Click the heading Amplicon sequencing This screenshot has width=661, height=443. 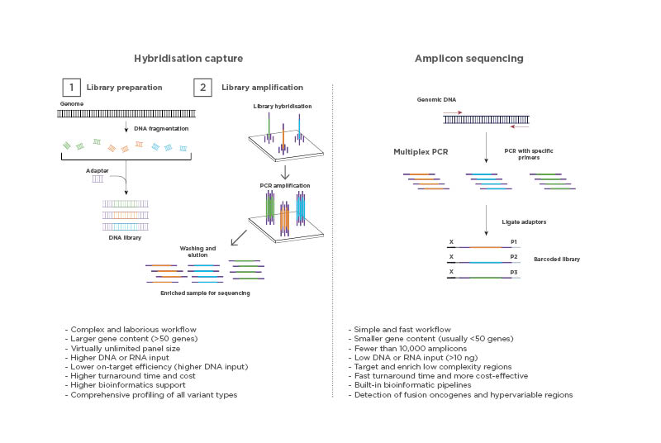(x=469, y=59)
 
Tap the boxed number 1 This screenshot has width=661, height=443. (x=71, y=88)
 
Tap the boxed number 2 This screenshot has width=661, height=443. (x=201, y=88)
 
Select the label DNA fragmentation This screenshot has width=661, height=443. (x=160, y=130)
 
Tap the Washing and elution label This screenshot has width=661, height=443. (x=197, y=251)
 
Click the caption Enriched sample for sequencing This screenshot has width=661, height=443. (x=206, y=293)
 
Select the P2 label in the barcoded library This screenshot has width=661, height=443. (x=514, y=257)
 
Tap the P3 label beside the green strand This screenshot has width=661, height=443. (x=514, y=271)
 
